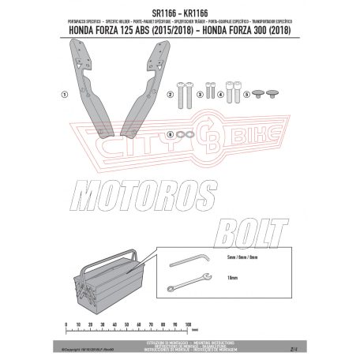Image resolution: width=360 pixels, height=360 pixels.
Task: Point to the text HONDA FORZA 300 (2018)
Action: tap(251, 32)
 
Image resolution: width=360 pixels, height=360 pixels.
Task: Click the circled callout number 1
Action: tap(62, 93)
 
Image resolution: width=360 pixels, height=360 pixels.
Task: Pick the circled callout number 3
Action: tap(200, 94)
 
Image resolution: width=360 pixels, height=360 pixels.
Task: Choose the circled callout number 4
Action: tap(220, 94)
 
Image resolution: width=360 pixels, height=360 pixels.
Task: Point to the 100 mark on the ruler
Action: tap(188, 324)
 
